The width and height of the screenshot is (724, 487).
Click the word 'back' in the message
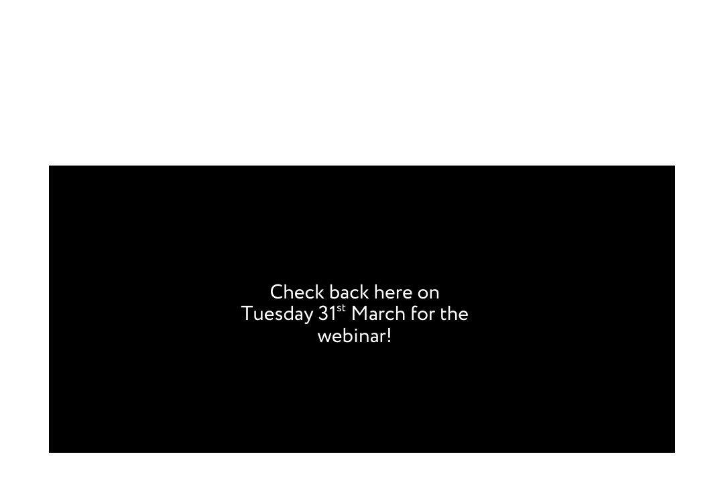(349, 292)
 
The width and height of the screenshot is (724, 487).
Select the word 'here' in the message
(393, 292)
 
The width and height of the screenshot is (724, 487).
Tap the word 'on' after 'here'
(428, 293)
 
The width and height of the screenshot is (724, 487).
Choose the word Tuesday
(276, 315)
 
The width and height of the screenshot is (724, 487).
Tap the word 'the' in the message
(454, 314)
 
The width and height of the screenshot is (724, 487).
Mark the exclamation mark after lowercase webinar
(389, 335)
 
